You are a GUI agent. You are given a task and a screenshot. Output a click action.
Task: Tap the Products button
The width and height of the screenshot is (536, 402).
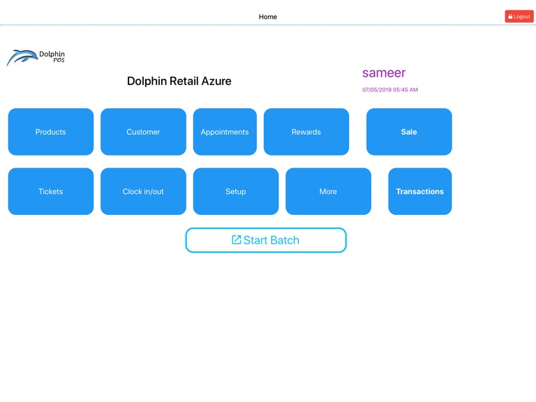51,132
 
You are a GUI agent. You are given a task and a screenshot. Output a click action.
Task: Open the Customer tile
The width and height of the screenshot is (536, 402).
143,132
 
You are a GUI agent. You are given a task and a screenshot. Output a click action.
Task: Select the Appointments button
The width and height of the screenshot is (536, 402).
225,132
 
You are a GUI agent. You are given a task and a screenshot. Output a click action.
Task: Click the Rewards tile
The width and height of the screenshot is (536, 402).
306,132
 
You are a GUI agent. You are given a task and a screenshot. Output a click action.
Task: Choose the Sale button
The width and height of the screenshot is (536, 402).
409,132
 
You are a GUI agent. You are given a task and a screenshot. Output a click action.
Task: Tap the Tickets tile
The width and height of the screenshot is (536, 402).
51,191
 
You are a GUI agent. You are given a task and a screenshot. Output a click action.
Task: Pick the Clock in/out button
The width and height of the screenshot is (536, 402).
143,191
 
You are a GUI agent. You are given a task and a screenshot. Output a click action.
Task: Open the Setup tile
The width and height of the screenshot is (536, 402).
236,191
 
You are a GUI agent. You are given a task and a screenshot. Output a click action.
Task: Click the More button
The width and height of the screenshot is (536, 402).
328,191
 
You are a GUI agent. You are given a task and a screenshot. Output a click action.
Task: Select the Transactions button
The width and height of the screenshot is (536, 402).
419,191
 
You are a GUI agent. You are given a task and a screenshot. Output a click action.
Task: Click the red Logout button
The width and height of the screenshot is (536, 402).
519,16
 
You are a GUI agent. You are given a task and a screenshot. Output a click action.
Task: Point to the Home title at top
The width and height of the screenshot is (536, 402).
268,17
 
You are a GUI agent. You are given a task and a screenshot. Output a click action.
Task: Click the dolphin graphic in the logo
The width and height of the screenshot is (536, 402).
22,57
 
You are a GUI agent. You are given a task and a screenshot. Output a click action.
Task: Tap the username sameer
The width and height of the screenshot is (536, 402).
384,73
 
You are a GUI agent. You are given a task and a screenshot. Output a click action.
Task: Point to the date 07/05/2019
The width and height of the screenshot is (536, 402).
377,90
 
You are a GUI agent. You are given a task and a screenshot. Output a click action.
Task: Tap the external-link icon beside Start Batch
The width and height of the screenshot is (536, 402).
237,240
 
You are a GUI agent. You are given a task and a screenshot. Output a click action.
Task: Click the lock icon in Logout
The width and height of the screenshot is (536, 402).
510,17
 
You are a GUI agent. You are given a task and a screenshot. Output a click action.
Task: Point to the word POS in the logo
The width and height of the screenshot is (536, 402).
59,61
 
